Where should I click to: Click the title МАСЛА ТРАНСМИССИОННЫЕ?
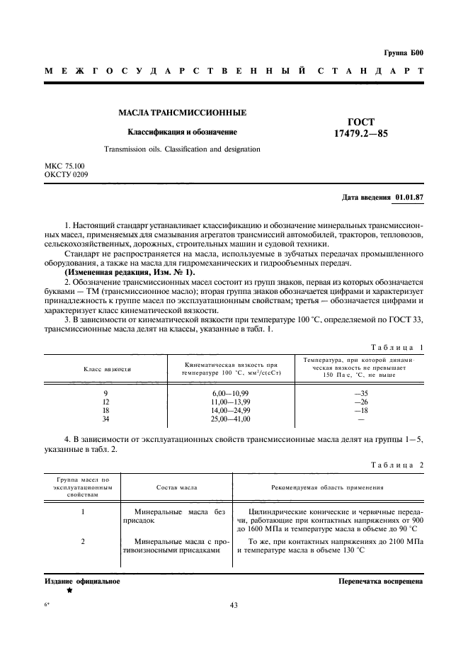point(182,113)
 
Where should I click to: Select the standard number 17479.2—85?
point(361,133)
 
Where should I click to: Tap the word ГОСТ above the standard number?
point(361,121)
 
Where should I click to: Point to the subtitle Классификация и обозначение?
point(182,132)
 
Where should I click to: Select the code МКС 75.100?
point(64,166)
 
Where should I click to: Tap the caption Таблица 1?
point(396,347)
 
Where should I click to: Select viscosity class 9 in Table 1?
point(105,392)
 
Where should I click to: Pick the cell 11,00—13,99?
point(231,401)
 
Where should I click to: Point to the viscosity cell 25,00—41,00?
point(231,419)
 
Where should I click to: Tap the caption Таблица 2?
point(396,465)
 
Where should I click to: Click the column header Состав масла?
point(176,488)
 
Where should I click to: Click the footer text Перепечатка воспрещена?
point(381,582)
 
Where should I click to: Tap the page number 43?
point(234,605)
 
